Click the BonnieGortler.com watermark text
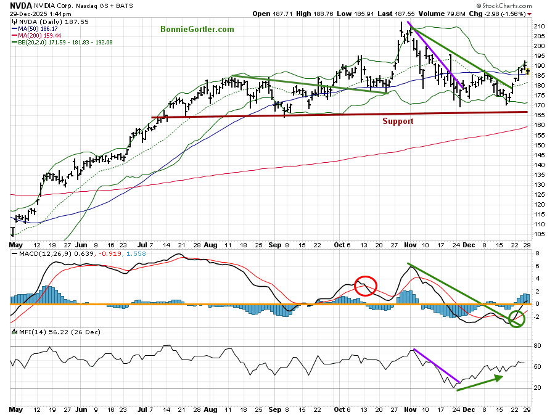pyautogui.click(x=197, y=29)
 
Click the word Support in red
pyautogui.click(x=398, y=121)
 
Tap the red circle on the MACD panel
pyautogui.click(x=366, y=286)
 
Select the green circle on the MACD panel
pyautogui.click(x=517, y=318)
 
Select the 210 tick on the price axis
pyautogui.click(x=539, y=27)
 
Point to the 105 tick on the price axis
pyautogui.click(x=539, y=234)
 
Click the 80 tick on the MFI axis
pyautogui.click(x=537, y=346)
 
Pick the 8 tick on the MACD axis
pyautogui.click(x=536, y=253)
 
